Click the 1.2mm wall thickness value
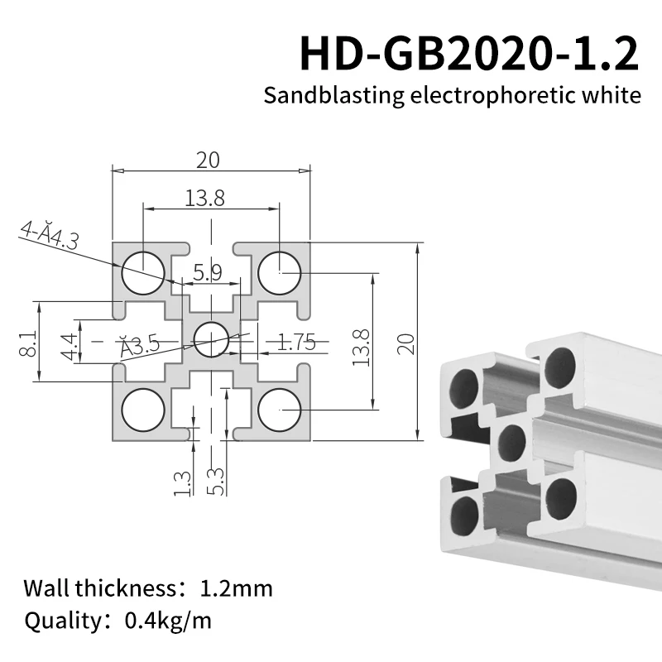point(236,589)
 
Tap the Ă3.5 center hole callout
point(139,346)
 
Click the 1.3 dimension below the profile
point(183,482)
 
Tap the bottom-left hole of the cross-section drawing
point(143,409)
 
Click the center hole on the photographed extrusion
point(512,442)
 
